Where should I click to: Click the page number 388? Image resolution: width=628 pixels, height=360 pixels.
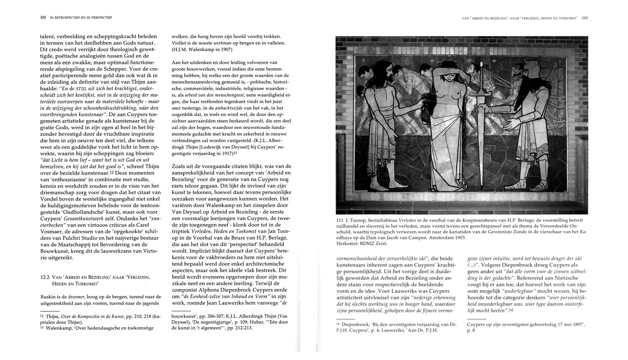[x=43, y=17]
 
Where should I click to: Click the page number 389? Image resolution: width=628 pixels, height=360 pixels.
[x=585, y=18]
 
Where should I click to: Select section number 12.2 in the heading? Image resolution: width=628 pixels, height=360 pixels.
[x=45, y=277]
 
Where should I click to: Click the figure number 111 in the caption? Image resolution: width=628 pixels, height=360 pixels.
[x=340, y=220]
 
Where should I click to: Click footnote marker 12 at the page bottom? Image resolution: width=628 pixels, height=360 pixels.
[x=42, y=316]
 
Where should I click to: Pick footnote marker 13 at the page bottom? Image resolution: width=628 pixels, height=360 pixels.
[x=42, y=328]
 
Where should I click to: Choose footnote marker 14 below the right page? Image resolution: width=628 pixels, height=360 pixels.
[x=339, y=324]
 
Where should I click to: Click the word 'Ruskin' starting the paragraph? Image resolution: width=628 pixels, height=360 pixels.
[x=48, y=297]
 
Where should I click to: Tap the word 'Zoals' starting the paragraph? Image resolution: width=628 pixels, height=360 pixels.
[x=179, y=166]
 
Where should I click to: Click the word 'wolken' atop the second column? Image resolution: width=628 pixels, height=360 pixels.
[x=179, y=37]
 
